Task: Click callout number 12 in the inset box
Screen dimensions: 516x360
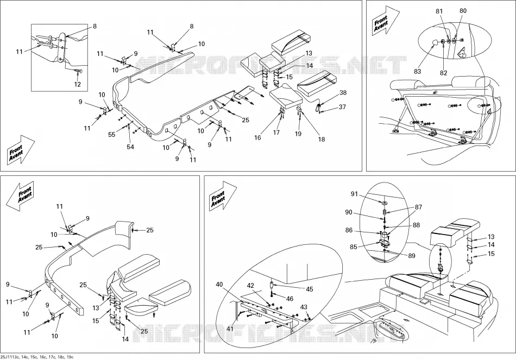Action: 77,84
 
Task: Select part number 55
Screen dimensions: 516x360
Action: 112,134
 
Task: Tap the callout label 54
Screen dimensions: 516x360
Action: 131,147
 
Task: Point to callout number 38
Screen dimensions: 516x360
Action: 343,92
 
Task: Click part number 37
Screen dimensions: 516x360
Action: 342,106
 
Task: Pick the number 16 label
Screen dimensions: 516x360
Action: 257,137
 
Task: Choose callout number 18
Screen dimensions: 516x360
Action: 322,139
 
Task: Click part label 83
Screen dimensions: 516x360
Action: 417,71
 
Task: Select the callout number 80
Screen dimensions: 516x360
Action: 463,10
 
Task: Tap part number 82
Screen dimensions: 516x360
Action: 444,73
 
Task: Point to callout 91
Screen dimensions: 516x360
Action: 354,194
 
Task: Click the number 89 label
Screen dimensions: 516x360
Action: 411,256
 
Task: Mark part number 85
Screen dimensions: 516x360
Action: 354,247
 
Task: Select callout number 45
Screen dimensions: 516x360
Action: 310,289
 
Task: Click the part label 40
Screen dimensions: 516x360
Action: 219,285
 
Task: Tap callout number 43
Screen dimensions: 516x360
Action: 304,307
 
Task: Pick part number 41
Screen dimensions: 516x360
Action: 230,329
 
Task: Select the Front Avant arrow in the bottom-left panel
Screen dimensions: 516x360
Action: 20,196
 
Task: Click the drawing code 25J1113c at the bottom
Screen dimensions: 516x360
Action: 10,357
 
